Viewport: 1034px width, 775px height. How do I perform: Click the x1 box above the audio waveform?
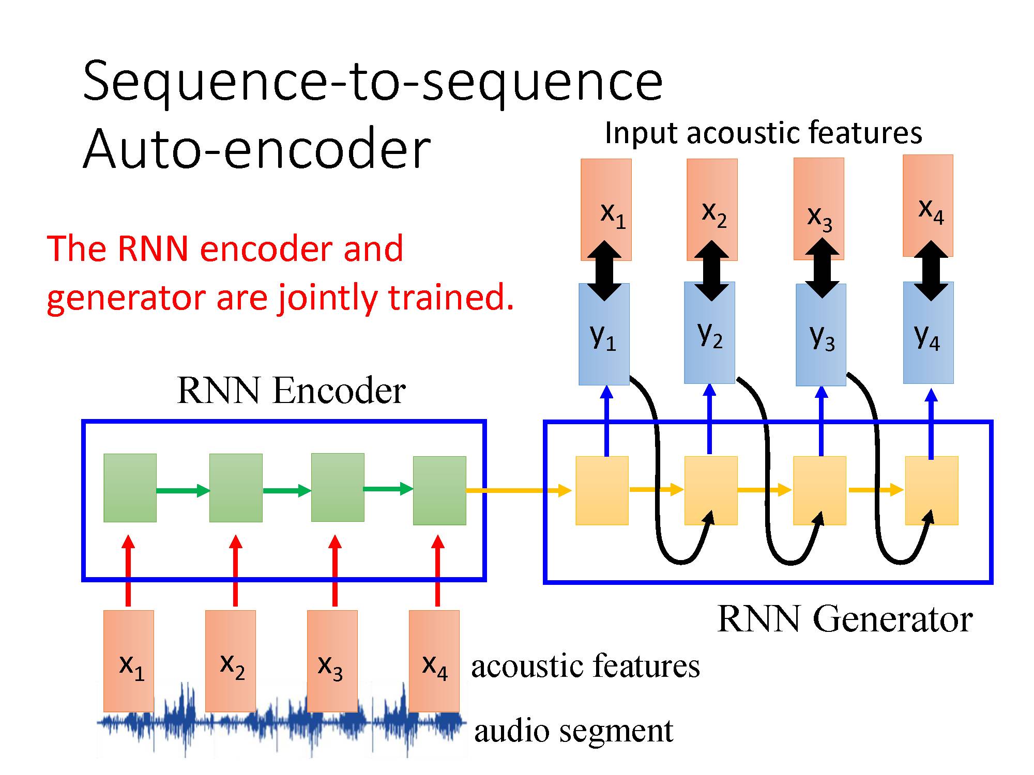click(x=129, y=661)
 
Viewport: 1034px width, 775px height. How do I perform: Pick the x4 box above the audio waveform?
click(x=434, y=661)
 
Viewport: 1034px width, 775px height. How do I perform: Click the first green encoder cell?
click(x=130, y=488)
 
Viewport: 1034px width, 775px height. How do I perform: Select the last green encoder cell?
click(x=439, y=490)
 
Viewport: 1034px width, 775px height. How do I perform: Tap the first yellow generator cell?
click(x=602, y=490)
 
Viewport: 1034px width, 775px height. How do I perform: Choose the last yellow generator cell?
click(x=931, y=490)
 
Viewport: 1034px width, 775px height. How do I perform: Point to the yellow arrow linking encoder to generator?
click(x=517, y=490)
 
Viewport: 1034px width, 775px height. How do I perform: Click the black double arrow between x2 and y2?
click(x=711, y=271)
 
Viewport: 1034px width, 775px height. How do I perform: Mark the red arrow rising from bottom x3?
click(x=335, y=571)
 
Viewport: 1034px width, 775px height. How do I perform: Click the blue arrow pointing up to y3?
click(x=822, y=421)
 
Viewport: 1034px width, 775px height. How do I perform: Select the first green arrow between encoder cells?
click(x=183, y=490)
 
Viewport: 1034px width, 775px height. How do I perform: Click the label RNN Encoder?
click(x=291, y=391)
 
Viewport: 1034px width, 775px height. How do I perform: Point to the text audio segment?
click(x=573, y=731)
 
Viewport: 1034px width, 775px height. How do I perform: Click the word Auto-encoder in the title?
click(x=256, y=149)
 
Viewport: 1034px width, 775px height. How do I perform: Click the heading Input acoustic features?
click(x=763, y=133)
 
